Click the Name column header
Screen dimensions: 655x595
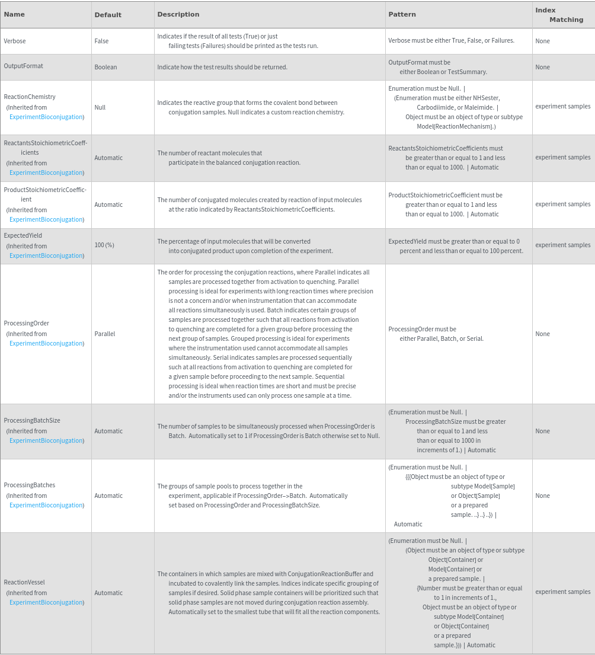click(x=14, y=14)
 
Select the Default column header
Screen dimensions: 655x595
click(x=108, y=15)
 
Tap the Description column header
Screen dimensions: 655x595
click(x=178, y=14)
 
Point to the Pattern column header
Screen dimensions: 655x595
click(x=402, y=14)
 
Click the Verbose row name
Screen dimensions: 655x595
click(x=15, y=41)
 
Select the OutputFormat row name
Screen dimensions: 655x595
click(x=23, y=66)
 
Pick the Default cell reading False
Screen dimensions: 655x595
click(x=101, y=41)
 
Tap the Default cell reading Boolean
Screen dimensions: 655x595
click(x=105, y=67)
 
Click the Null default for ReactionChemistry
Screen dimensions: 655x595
click(x=100, y=107)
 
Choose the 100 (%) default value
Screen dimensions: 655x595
click(x=104, y=245)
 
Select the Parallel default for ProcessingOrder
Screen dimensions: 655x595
click(x=104, y=334)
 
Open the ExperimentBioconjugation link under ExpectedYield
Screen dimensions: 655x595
click(x=46, y=255)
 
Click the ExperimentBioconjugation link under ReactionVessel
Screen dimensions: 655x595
click(x=46, y=602)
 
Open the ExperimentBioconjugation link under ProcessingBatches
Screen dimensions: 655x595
click(x=46, y=505)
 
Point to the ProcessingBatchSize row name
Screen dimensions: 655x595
click(x=32, y=420)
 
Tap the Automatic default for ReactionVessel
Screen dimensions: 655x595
click(x=108, y=593)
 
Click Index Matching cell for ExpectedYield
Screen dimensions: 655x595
click(x=562, y=245)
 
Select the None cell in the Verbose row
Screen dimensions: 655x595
click(x=542, y=41)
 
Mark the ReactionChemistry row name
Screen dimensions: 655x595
click(x=30, y=97)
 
